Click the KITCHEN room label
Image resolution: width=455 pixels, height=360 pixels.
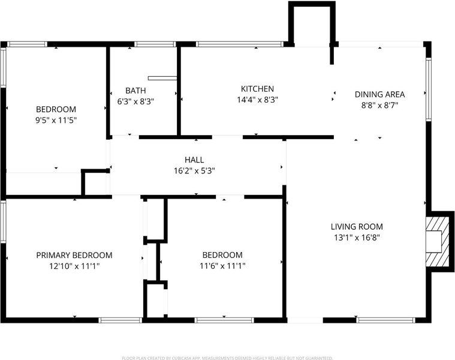click(257, 89)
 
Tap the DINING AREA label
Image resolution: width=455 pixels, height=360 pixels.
click(379, 94)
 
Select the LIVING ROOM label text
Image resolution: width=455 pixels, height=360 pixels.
click(357, 226)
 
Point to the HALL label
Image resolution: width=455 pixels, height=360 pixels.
click(194, 160)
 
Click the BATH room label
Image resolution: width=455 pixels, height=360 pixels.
click(135, 91)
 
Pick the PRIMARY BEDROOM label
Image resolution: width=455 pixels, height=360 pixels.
click(74, 255)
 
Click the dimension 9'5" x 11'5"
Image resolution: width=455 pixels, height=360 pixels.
click(56, 120)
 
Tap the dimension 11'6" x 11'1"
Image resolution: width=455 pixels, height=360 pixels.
click(222, 266)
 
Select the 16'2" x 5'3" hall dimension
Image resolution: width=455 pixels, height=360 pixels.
click(194, 171)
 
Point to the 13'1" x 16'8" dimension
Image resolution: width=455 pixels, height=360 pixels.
click(357, 238)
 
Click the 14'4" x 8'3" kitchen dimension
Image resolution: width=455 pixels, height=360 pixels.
click(257, 100)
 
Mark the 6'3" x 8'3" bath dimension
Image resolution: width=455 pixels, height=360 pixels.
click(135, 101)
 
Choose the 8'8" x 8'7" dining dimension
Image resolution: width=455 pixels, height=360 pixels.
click(379, 105)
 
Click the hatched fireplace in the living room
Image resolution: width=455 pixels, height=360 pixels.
click(436, 242)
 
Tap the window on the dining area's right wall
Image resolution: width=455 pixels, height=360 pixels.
click(428, 89)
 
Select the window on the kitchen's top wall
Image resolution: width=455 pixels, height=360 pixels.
click(239, 44)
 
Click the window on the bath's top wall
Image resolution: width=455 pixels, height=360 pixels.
click(155, 44)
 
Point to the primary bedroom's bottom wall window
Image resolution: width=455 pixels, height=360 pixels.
click(120, 320)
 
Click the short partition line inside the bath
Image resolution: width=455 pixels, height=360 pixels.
click(162, 78)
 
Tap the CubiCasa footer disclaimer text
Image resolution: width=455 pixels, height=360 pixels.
click(227, 358)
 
